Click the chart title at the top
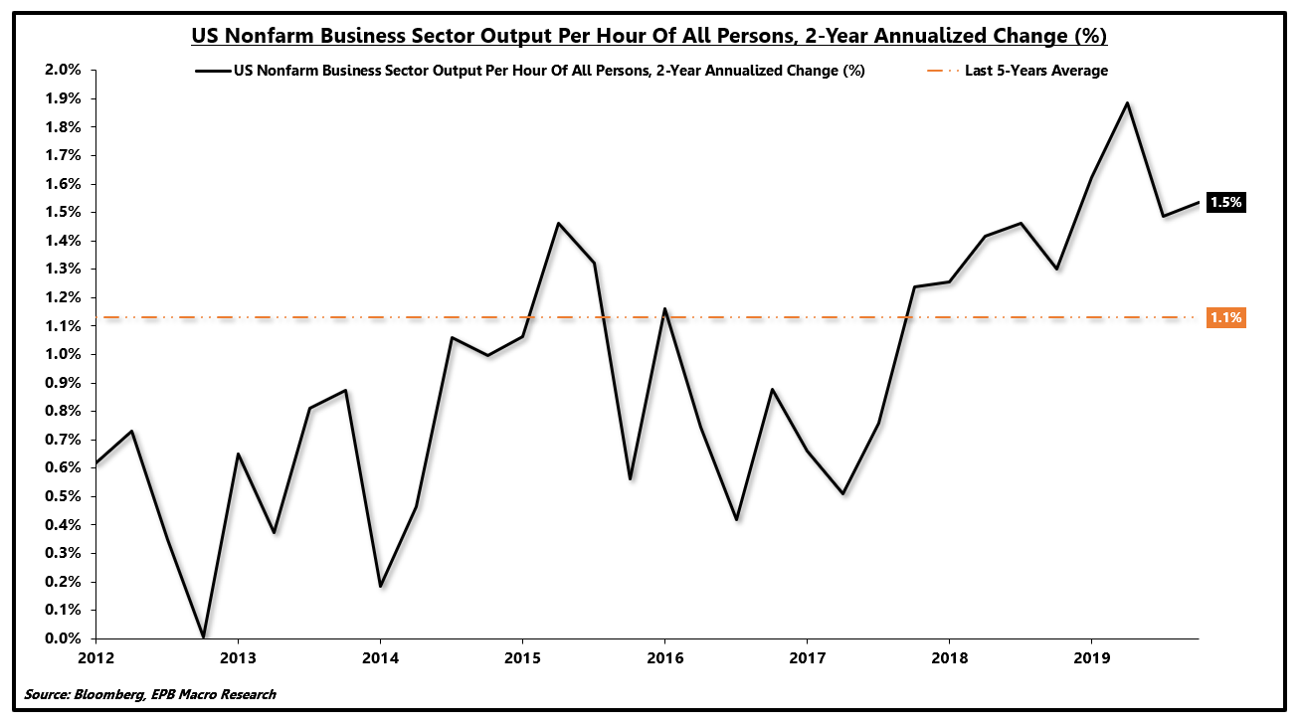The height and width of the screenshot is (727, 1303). click(x=650, y=37)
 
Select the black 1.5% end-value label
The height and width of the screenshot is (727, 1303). click(x=1225, y=202)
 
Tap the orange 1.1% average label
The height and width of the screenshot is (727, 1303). click(x=1225, y=318)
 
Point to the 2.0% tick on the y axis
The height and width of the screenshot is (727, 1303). click(x=62, y=70)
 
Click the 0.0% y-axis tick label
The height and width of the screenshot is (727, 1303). click(x=62, y=638)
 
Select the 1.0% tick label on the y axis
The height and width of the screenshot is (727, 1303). click(x=62, y=354)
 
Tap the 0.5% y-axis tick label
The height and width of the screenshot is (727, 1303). click(x=62, y=496)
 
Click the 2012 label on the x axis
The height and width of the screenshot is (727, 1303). click(x=95, y=657)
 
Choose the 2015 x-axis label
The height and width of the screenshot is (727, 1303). click(x=522, y=657)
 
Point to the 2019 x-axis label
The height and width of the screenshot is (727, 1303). click(x=1091, y=657)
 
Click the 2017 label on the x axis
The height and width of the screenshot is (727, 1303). click(x=807, y=657)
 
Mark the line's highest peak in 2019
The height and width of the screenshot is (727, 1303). click(x=1127, y=102)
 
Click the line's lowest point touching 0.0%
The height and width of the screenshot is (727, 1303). click(x=203, y=636)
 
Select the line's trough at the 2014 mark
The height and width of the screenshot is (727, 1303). click(x=380, y=586)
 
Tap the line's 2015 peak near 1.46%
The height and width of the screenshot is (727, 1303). click(x=558, y=224)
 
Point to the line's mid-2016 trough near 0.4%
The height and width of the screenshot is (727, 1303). click(x=736, y=519)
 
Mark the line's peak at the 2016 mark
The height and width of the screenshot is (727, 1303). click(x=664, y=309)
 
